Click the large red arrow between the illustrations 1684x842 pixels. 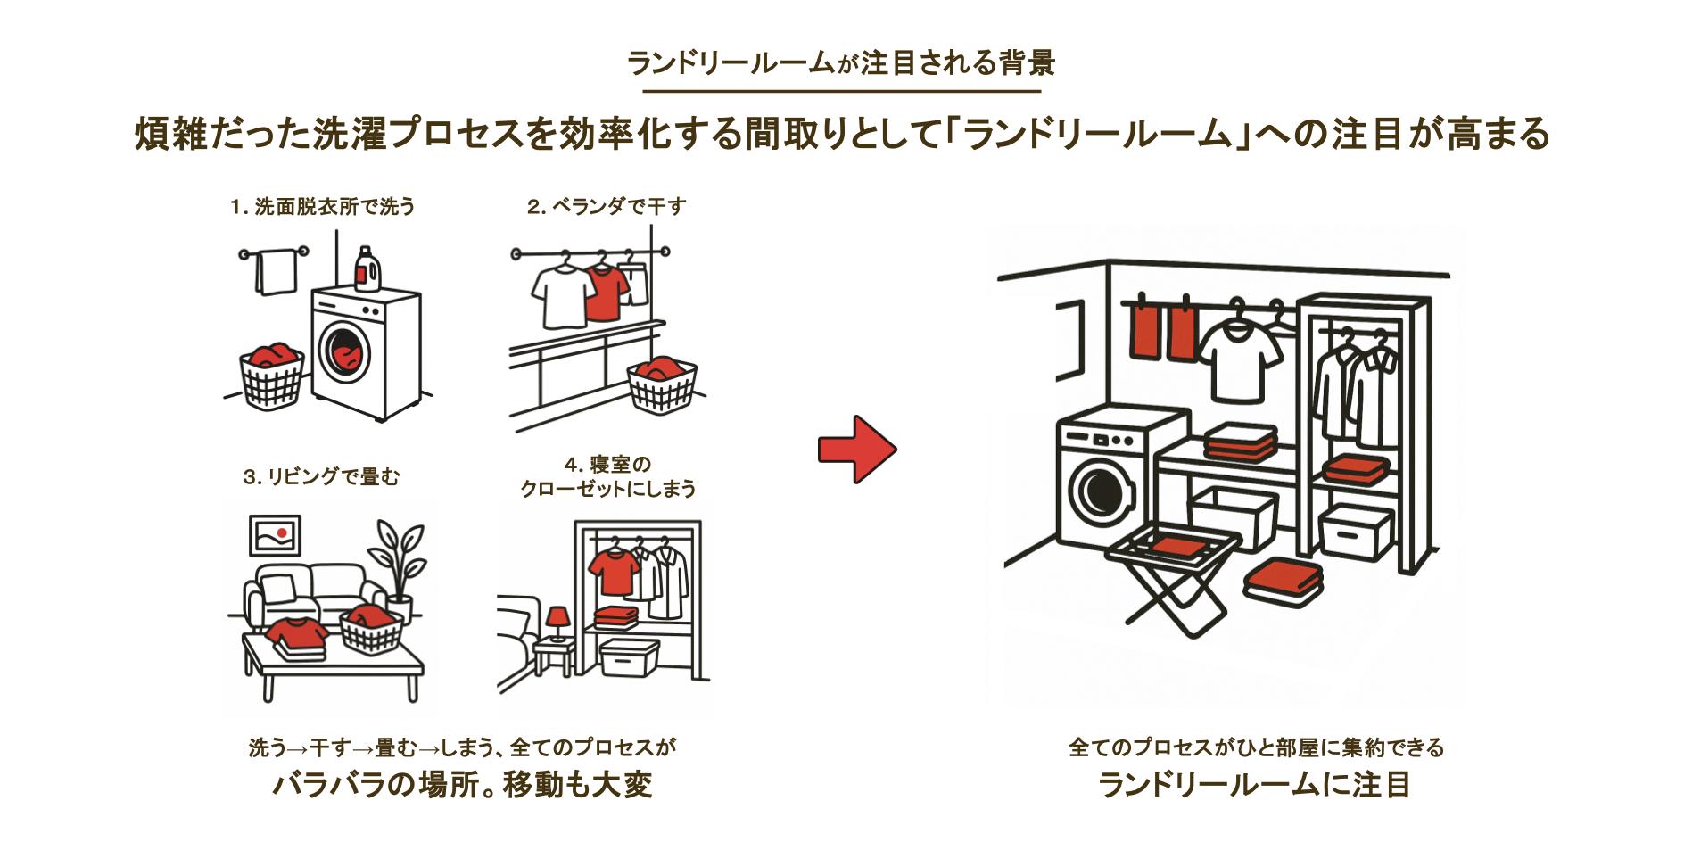856,450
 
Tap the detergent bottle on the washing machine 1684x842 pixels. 363,268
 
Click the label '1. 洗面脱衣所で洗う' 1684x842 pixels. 323,207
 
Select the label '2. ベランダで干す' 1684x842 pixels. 607,207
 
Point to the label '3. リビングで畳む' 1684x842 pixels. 322,477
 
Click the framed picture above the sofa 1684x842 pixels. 275,535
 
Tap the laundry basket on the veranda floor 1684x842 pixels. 662,382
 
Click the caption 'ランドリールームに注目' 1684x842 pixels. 1255,785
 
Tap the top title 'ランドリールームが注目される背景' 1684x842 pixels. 841,63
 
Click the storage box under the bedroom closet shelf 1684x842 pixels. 629,658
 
